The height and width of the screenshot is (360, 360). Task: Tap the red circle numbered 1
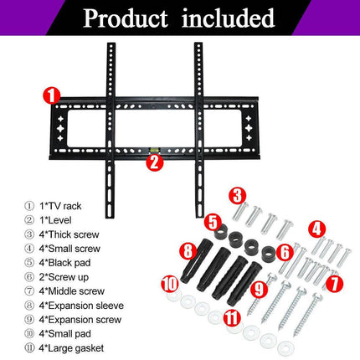52,95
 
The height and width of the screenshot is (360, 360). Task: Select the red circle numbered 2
153,162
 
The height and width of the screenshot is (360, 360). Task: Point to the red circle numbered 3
239,198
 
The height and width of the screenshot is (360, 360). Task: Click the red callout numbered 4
316,229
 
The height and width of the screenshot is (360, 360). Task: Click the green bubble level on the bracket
153,151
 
